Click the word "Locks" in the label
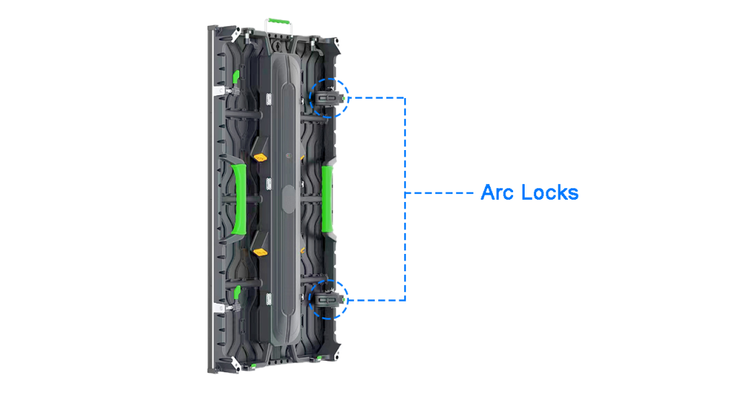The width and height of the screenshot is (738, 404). point(550,193)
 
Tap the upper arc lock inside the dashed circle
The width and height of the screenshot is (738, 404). point(328,98)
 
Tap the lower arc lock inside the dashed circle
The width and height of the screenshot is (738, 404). point(328,299)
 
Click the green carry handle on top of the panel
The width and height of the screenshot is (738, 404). point(278,22)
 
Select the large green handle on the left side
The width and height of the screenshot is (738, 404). point(239,198)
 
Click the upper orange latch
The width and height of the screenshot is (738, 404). point(259,157)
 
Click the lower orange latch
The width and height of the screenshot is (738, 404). point(259,252)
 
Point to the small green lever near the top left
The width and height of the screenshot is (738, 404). point(236,77)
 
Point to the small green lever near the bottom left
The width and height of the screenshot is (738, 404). point(237,292)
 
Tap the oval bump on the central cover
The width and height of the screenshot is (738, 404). point(288,198)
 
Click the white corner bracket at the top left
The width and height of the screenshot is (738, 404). point(234,35)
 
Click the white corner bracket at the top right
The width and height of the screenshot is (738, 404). point(336,44)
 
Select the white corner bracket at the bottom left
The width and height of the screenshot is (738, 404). point(234,363)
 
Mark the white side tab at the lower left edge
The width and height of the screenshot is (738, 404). point(218,307)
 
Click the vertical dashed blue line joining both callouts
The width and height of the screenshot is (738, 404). point(405,198)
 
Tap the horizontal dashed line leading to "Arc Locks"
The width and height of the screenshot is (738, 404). point(439,193)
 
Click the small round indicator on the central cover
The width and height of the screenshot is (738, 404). point(288,155)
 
